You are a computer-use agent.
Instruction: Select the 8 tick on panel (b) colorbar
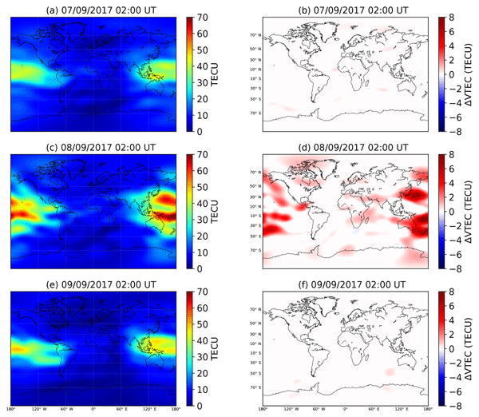click(451, 16)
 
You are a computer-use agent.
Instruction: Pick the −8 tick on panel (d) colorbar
click(453, 268)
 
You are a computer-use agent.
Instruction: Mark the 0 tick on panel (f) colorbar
click(451, 348)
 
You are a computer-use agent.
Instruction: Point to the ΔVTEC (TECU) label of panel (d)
click(472, 211)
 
